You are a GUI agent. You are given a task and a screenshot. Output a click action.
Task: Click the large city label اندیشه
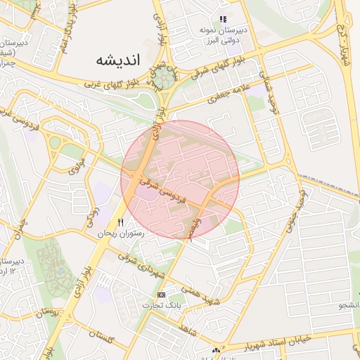(120, 60)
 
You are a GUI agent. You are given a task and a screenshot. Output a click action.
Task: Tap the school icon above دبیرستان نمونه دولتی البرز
(223, 20)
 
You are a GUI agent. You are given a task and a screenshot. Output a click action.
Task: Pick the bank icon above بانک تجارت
(162, 295)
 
